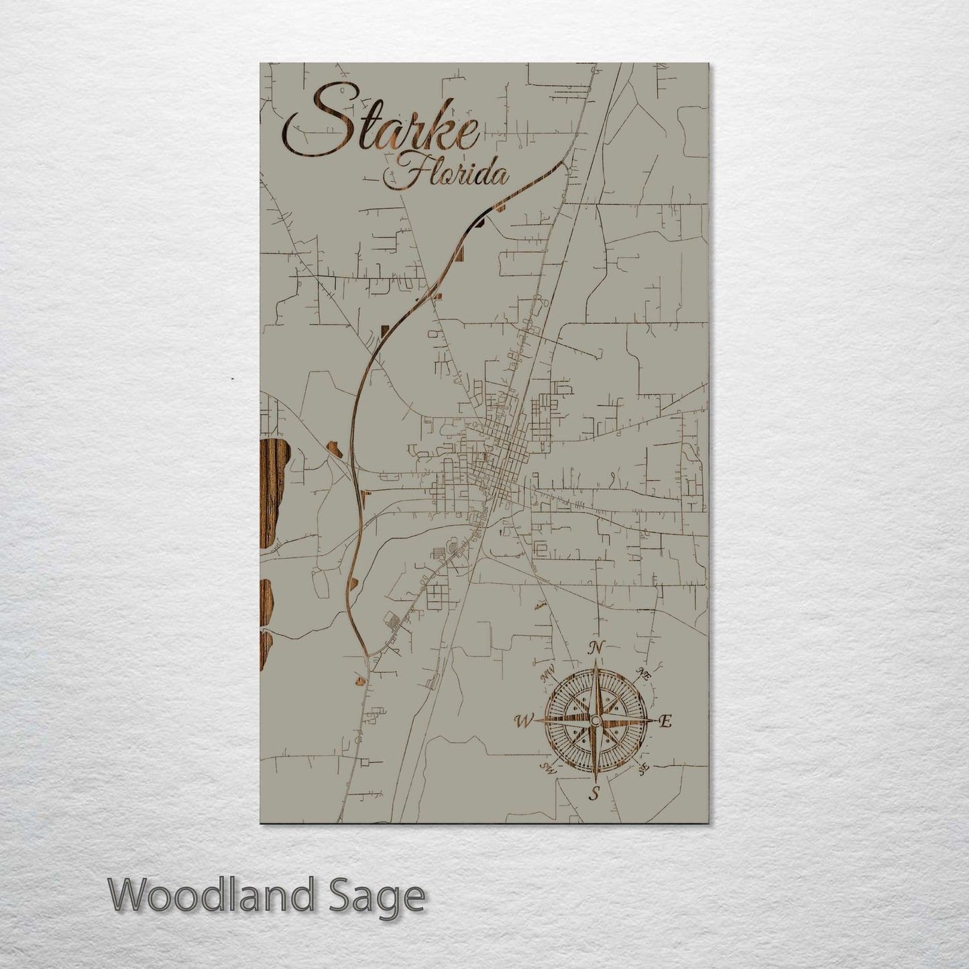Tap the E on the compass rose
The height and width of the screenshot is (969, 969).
[665, 722]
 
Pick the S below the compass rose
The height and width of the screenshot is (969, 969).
[593, 795]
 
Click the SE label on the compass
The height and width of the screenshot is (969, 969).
[643, 768]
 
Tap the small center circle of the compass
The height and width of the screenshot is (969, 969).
[595, 720]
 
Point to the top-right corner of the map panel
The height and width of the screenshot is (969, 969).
[707, 64]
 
